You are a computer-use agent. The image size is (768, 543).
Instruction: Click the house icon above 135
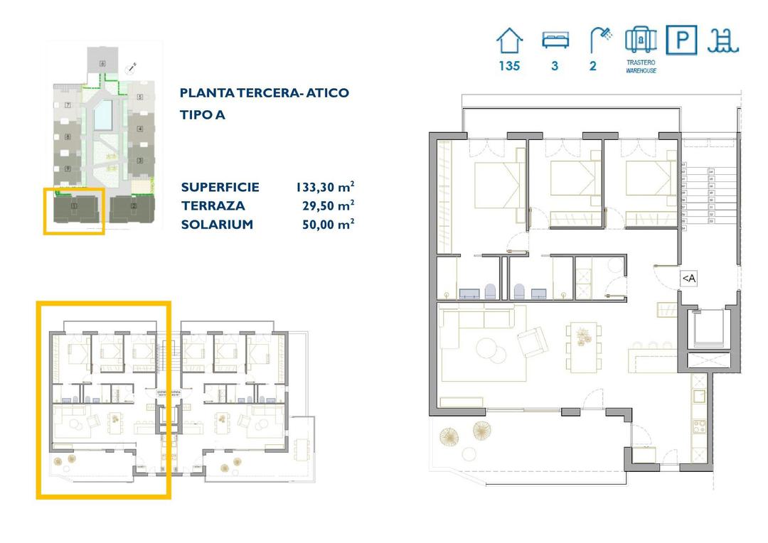[508, 41]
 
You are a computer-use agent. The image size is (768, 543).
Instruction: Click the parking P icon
[681, 41]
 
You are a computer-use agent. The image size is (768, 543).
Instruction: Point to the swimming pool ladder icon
[724, 41]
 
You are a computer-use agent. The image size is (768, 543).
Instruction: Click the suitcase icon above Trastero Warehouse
[640, 40]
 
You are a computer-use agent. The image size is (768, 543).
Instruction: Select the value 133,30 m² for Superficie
[325, 188]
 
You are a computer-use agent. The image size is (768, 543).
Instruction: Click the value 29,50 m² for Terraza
[328, 206]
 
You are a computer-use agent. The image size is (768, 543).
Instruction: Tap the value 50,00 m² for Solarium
[328, 225]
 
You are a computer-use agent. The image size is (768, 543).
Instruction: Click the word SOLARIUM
[217, 225]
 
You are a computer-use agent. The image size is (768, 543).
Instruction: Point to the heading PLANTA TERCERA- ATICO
[265, 93]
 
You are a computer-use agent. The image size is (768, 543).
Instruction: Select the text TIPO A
[203, 114]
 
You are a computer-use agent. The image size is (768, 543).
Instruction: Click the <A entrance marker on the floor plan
[688, 279]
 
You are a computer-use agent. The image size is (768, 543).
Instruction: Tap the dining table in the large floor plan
[583, 347]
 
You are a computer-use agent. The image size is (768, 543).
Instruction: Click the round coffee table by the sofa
[489, 348]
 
